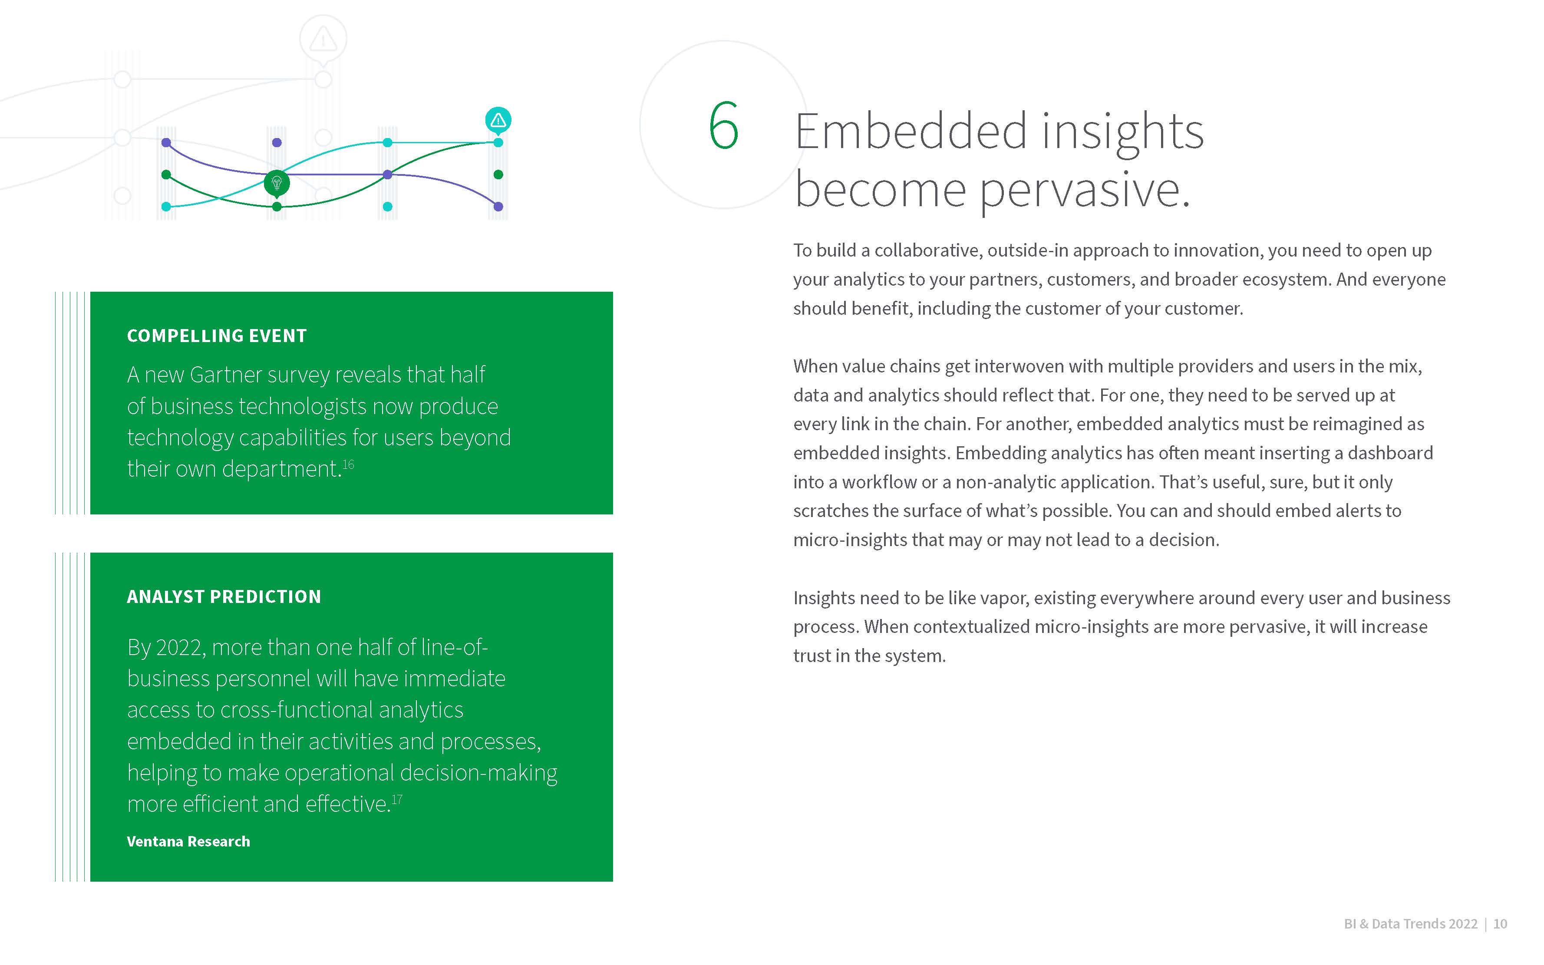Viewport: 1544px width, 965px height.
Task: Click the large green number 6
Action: tap(724, 125)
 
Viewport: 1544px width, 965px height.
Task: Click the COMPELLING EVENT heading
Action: tap(217, 336)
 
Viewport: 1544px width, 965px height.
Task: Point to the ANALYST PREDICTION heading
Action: tap(224, 597)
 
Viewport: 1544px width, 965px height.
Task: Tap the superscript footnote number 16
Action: tap(349, 464)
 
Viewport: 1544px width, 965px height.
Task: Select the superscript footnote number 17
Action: tap(397, 799)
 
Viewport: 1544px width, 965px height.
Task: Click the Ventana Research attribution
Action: tap(188, 841)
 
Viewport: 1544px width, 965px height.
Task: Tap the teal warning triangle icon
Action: tap(498, 120)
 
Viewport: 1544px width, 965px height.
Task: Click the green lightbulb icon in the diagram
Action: tap(277, 183)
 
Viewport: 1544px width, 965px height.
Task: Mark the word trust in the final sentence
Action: tap(814, 656)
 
